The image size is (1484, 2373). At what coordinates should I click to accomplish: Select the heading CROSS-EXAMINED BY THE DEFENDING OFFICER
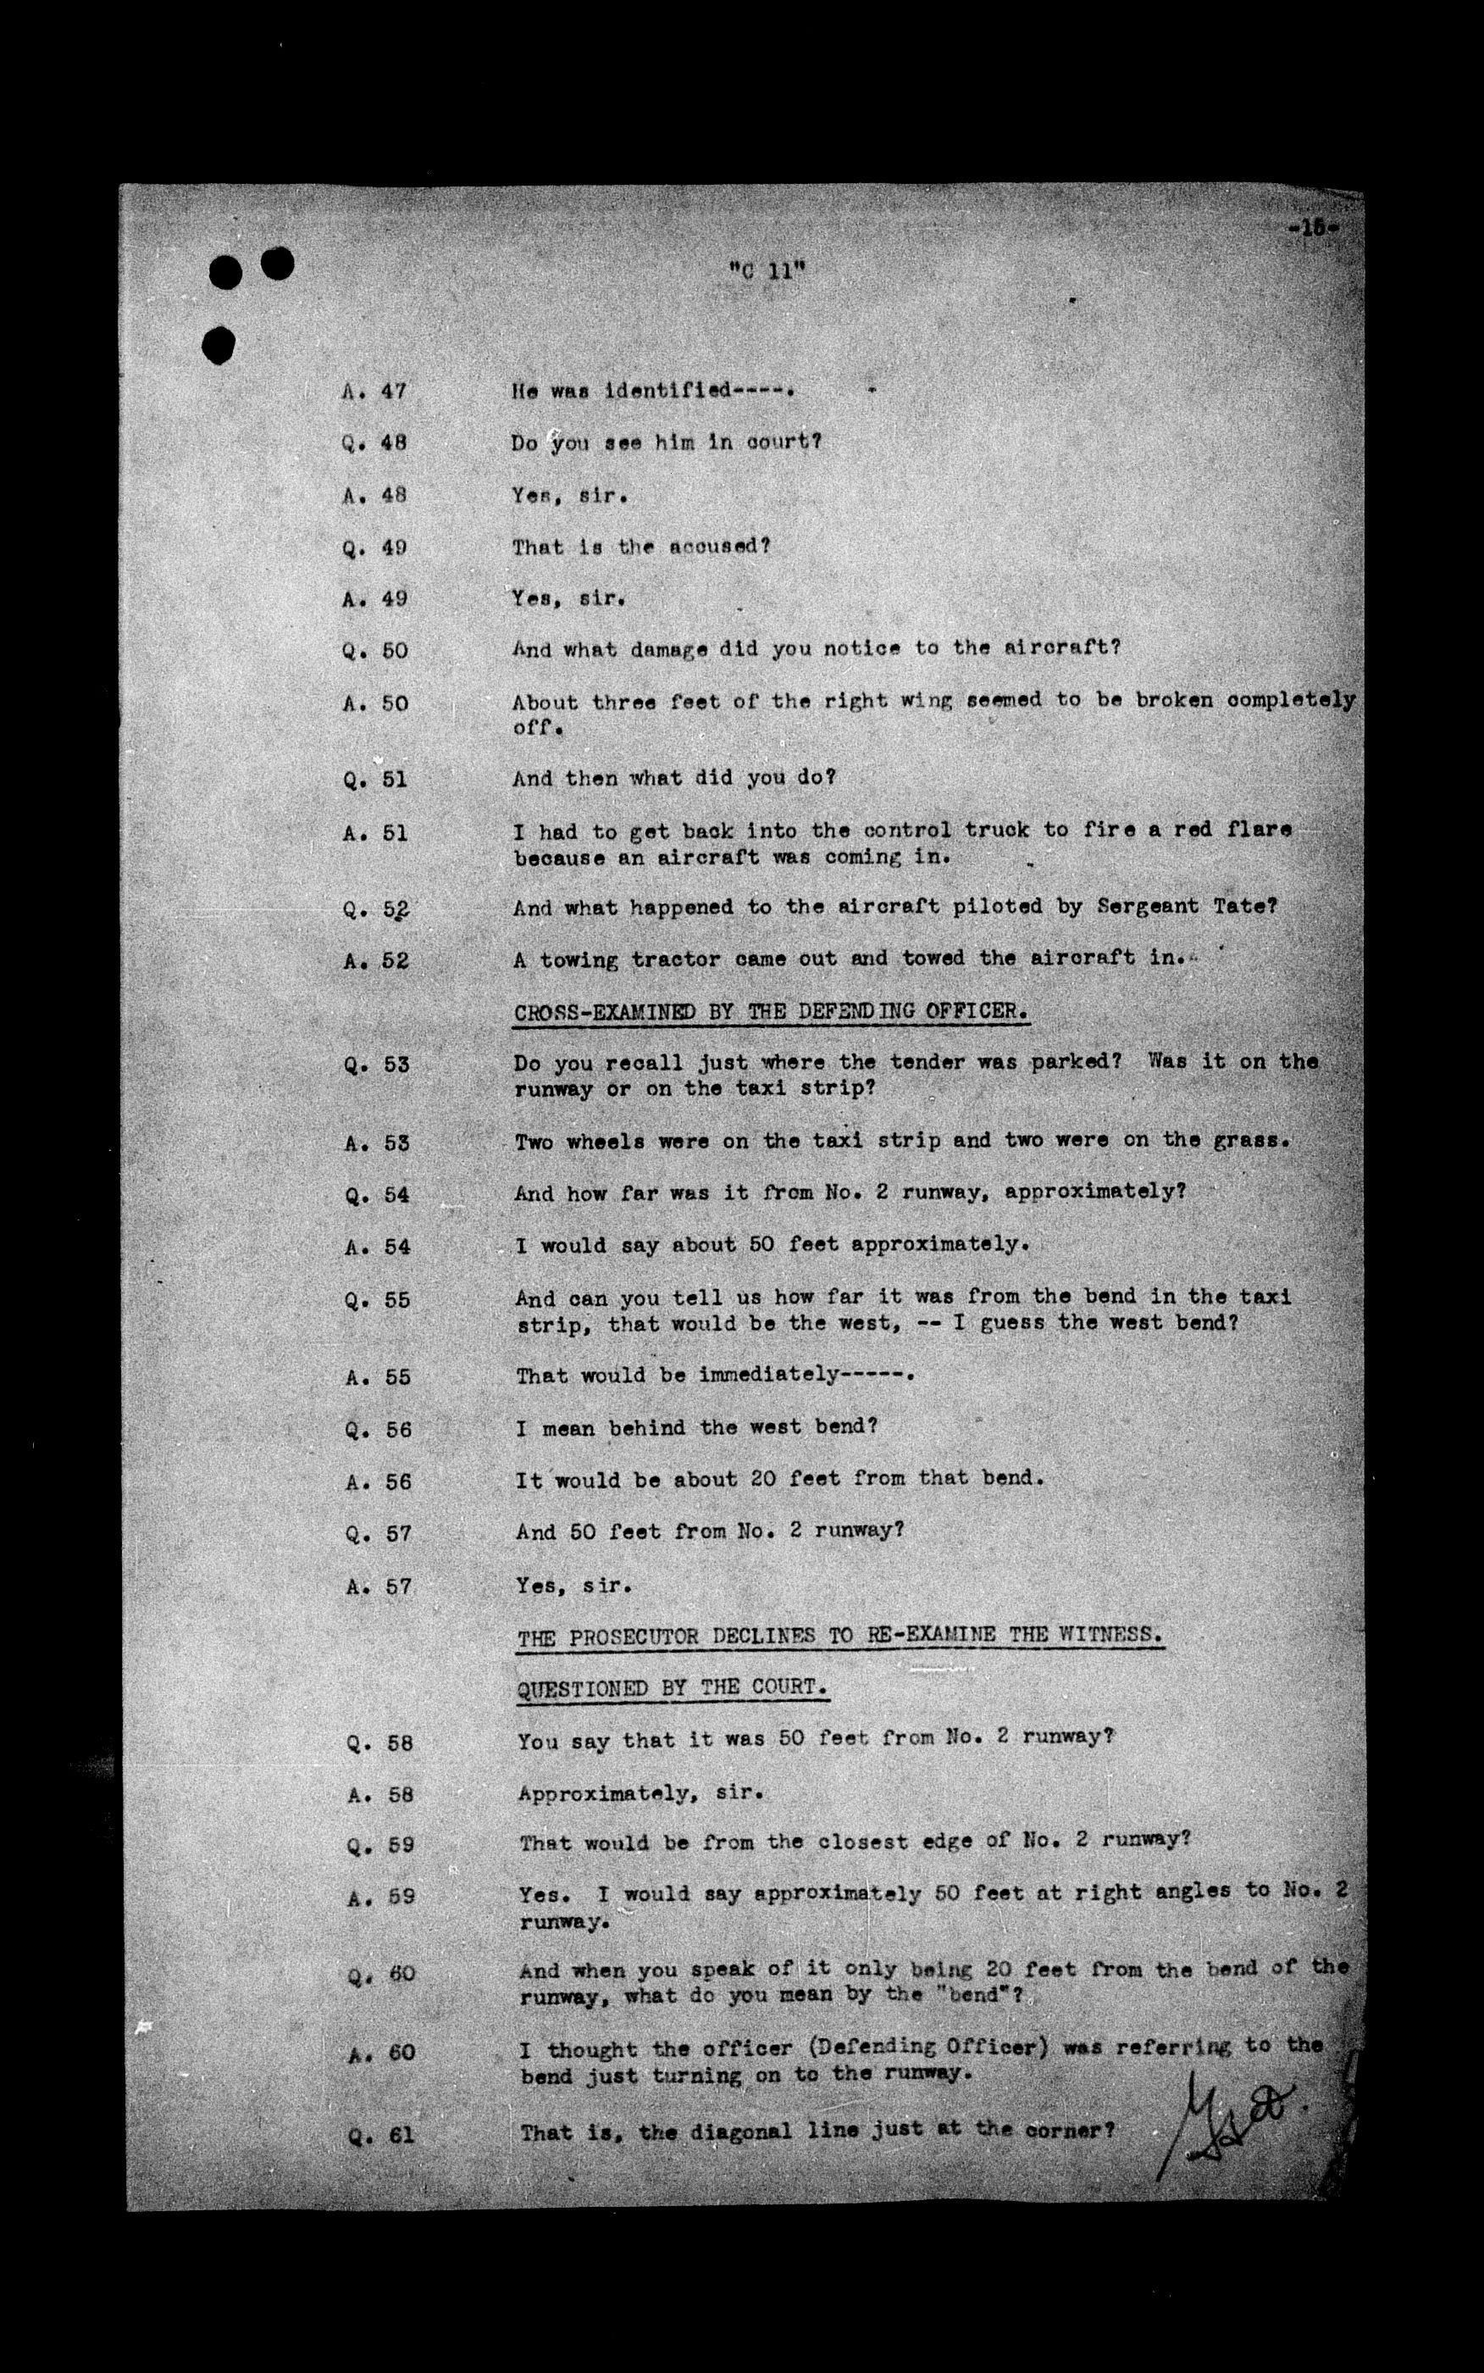point(771,1011)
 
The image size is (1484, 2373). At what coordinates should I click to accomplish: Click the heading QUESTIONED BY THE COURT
point(673,1687)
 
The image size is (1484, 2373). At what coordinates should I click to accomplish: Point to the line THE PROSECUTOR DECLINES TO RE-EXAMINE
point(840,1636)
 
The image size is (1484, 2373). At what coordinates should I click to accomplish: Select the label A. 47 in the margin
point(374,391)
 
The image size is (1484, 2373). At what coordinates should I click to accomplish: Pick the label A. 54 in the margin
point(378,1247)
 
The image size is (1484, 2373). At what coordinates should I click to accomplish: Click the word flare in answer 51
point(1258,830)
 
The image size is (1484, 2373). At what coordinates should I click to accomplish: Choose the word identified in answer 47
point(668,391)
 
